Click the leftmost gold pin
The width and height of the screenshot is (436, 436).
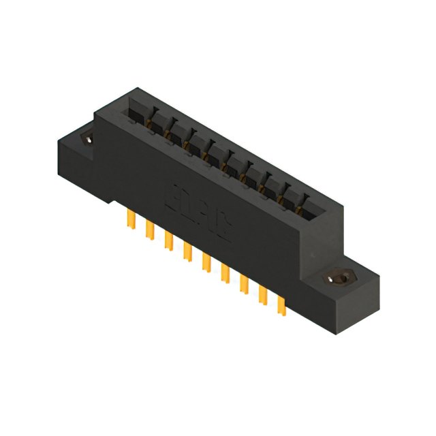point(129,219)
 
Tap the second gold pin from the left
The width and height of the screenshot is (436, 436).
point(148,230)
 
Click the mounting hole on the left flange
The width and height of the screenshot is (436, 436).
point(89,139)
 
